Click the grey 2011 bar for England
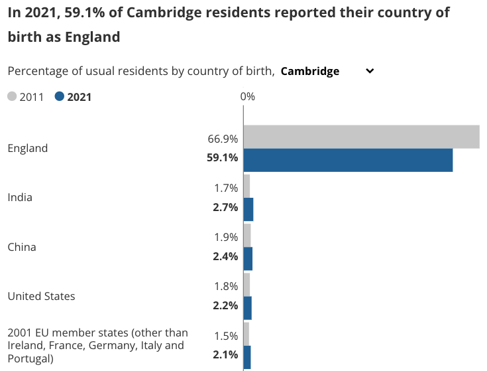click(361, 137)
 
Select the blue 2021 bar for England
click(348, 161)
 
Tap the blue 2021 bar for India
click(248, 210)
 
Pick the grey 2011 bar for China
click(247, 235)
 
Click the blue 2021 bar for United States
click(248, 308)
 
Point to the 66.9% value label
click(223, 139)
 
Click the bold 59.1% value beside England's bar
click(223, 158)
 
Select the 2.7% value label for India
click(225, 207)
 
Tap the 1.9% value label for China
click(225, 238)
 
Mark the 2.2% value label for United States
click(225, 306)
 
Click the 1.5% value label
click(225, 336)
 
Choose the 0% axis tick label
click(247, 97)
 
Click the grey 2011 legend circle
click(12, 97)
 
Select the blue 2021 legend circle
click(60, 97)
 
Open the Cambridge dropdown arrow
click(370, 71)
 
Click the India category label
click(20, 197)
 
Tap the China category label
click(22, 247)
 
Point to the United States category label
click(41, 296)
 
